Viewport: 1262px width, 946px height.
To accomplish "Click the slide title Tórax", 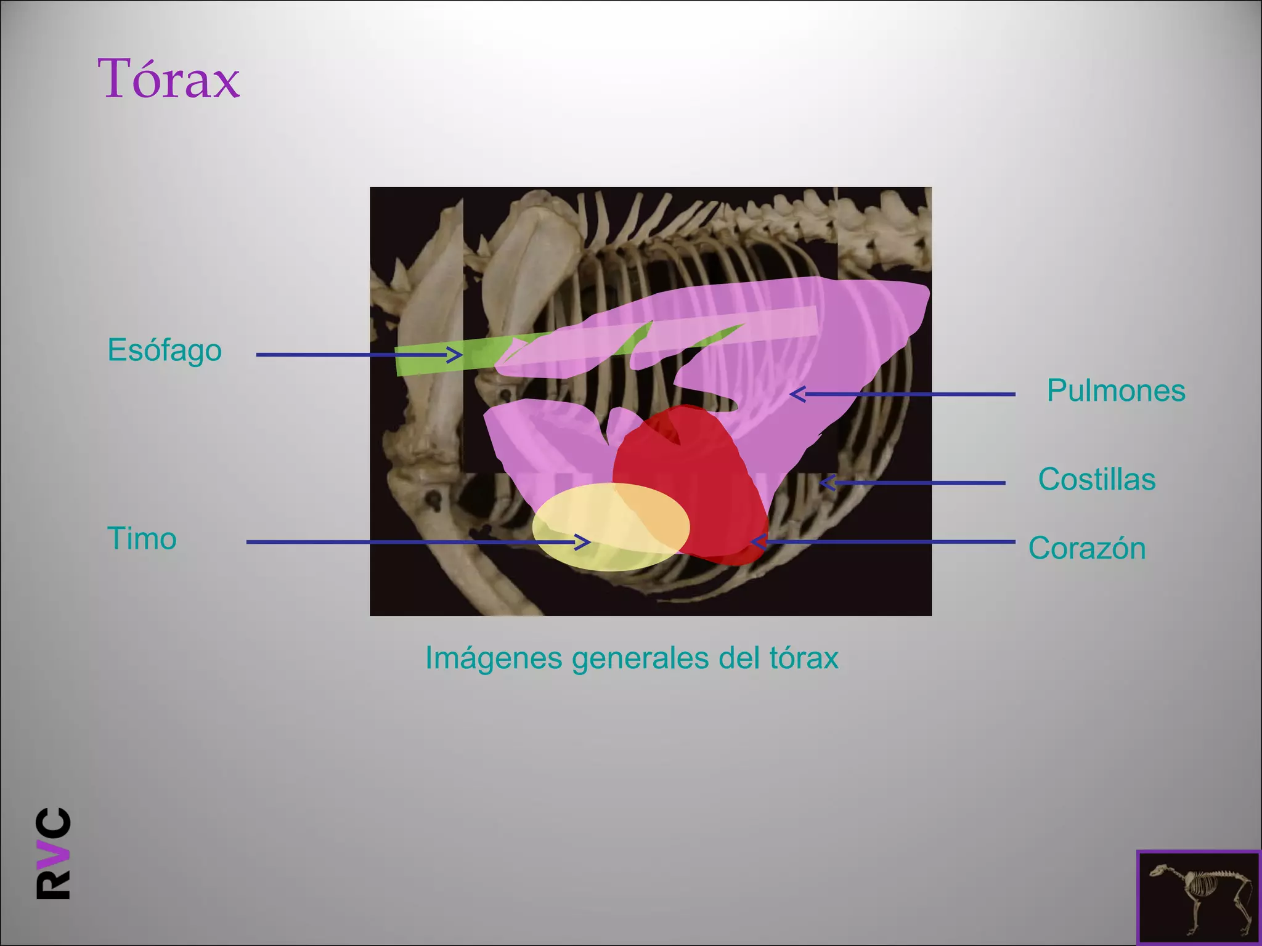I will pos(168,78).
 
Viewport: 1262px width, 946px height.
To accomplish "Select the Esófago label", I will pos(164,350).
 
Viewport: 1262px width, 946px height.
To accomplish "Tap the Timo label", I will pos(142,538).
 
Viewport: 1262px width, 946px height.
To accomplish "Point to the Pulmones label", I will pos(1115,390).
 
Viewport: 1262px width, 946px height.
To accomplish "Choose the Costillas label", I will pos(1096,479).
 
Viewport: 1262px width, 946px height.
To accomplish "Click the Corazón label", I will pos(1086,548).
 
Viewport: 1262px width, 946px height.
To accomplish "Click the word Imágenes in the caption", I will pos(493,658).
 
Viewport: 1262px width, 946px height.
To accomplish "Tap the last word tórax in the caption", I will pos(804,658).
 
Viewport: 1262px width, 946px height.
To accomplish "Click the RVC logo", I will pos(54,853).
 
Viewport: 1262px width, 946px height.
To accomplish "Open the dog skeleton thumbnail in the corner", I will pos(1198,897).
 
